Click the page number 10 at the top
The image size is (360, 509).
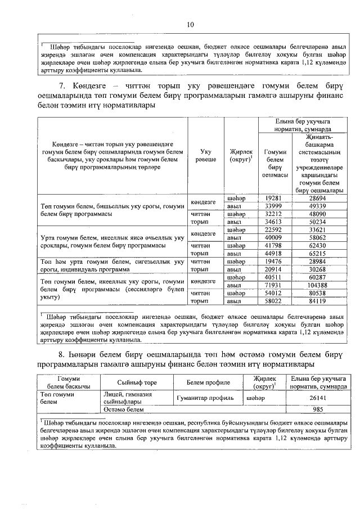tap(190, 25)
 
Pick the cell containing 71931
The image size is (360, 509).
tap(272, 285)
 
